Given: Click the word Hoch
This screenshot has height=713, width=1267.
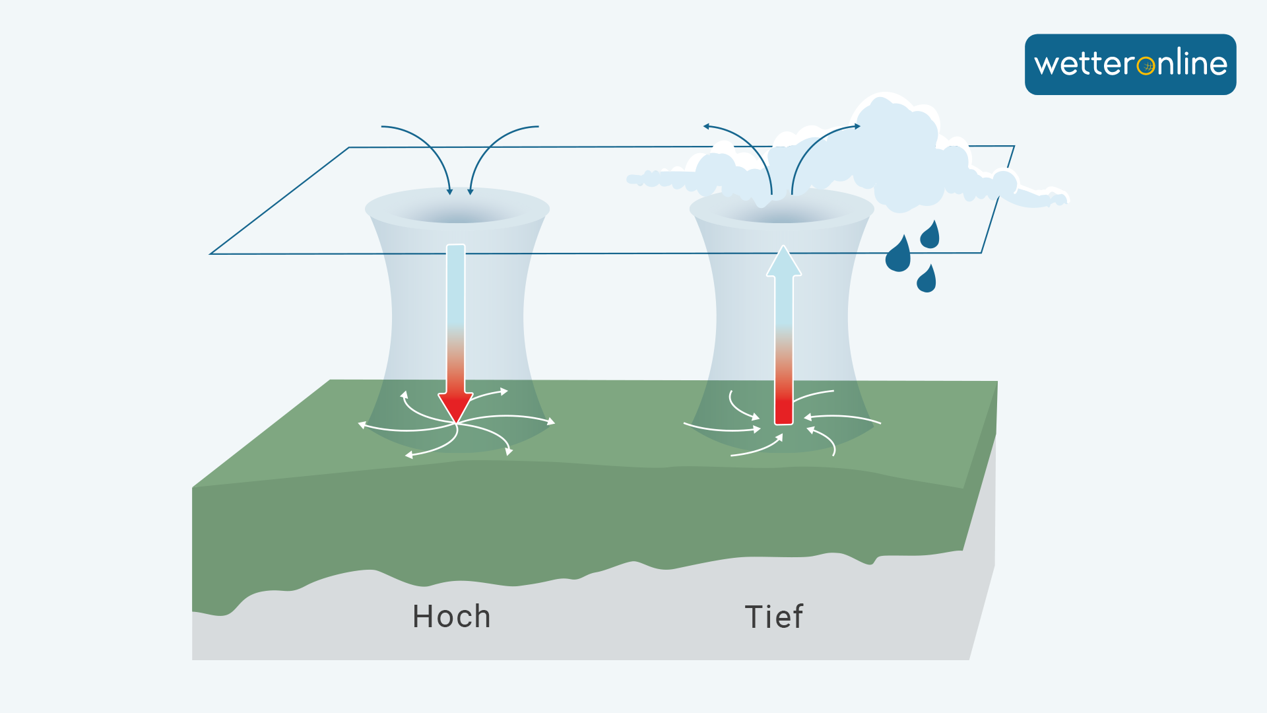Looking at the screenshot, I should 451,617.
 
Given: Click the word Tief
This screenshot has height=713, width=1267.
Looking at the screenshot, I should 773,617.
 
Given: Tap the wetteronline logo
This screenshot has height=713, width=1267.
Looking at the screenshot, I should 1130,65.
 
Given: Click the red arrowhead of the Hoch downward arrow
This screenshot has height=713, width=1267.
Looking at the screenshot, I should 455,406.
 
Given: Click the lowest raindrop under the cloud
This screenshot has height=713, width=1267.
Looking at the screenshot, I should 926,280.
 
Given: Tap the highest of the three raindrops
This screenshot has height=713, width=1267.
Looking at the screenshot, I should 930,236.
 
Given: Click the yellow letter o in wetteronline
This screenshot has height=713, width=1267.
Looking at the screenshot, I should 1146,65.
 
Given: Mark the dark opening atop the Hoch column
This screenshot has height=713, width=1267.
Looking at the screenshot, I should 457,213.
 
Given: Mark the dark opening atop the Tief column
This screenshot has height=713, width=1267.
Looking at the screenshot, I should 782,213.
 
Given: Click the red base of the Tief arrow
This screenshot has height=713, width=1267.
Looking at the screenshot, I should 783,409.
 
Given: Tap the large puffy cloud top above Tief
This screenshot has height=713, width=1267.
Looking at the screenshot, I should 897,132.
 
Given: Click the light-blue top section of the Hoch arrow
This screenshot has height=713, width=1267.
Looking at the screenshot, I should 455,284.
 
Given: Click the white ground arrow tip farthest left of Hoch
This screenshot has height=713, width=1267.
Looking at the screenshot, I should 361,425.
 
